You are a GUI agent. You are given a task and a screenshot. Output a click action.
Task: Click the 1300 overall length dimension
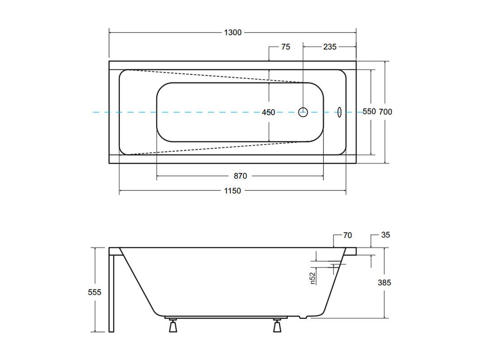pos(233,33)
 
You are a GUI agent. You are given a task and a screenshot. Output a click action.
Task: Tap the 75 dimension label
pos(285,47)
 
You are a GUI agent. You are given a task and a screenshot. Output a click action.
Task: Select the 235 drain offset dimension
pos(330,47)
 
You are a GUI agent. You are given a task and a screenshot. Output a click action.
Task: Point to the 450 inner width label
pos(268,112)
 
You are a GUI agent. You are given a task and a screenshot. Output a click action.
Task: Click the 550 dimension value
pos(369,111)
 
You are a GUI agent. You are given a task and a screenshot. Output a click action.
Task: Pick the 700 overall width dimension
pos(385,112)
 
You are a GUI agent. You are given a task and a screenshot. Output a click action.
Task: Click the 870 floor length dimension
pos(240,176)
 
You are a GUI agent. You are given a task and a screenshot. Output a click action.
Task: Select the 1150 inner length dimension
pos(233,191)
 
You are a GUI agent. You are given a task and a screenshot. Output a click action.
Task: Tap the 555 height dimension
pos(94,292)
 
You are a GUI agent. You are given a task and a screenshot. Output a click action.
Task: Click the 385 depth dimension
pos(384,283)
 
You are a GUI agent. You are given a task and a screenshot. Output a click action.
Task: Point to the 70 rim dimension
pos(347,236)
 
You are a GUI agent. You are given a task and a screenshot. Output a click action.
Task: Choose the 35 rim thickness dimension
pos(385,235)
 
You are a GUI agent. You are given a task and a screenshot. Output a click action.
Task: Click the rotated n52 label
pos(313,278)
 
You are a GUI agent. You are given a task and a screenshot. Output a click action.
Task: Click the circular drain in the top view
pos(303,112)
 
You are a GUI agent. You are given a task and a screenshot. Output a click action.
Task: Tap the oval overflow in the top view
pos(339,112)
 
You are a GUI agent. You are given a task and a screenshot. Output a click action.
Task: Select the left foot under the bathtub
pos(173,325)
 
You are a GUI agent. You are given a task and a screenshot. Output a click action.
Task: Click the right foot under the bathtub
pos(277,325)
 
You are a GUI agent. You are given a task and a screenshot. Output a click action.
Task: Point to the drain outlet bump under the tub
pos(303,317)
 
